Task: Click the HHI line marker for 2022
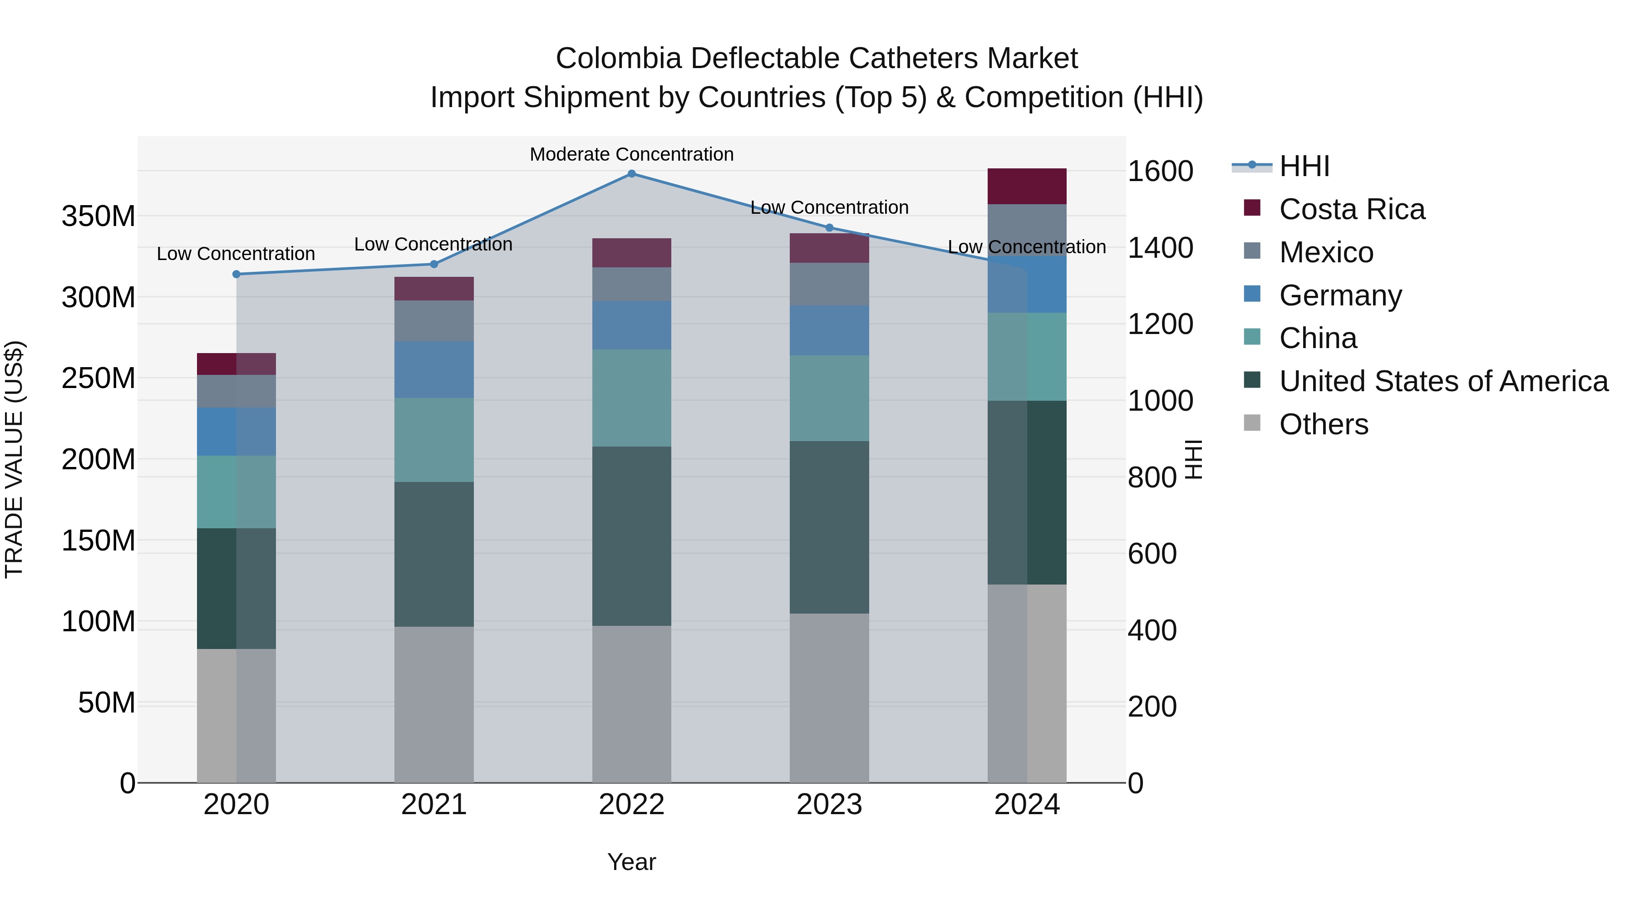point(631,174)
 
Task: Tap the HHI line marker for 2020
point(236,275)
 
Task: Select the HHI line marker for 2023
point(829,228)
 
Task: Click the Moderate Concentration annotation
point(631,154)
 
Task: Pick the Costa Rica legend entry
point(1351,209)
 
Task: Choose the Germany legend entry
point(1340,295)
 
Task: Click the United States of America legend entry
point(1443,381)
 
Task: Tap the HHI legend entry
point(1304,166)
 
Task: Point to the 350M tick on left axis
point(98,216)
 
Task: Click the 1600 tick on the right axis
point(1160,171)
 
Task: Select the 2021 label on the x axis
point(434,805)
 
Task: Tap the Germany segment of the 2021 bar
point(434,370)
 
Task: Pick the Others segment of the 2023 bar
point(829,698)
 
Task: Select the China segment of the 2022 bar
point(631,398)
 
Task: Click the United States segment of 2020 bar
point(236,589)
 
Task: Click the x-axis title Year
point(631,862)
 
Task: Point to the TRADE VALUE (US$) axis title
point(14,459)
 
